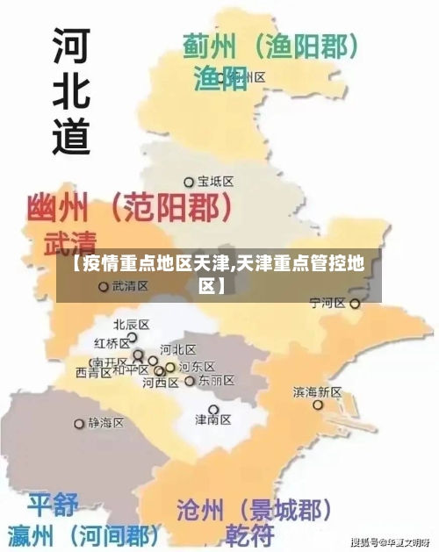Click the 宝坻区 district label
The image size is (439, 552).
[215, 182]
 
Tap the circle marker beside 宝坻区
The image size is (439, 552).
[188, 183]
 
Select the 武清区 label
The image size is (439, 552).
[130, 286]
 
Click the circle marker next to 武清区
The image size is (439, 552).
[103, 286]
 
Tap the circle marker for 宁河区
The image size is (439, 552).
[355, 304]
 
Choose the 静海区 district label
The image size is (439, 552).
[106, 423]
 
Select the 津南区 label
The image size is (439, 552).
[212, 420]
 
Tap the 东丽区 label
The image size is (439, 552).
[216, 381]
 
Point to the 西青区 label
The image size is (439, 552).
[93, 372]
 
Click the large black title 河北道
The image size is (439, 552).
[71, 88]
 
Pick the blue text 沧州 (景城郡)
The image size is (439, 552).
[255, 509]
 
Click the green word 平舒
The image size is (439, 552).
[53, 505]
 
